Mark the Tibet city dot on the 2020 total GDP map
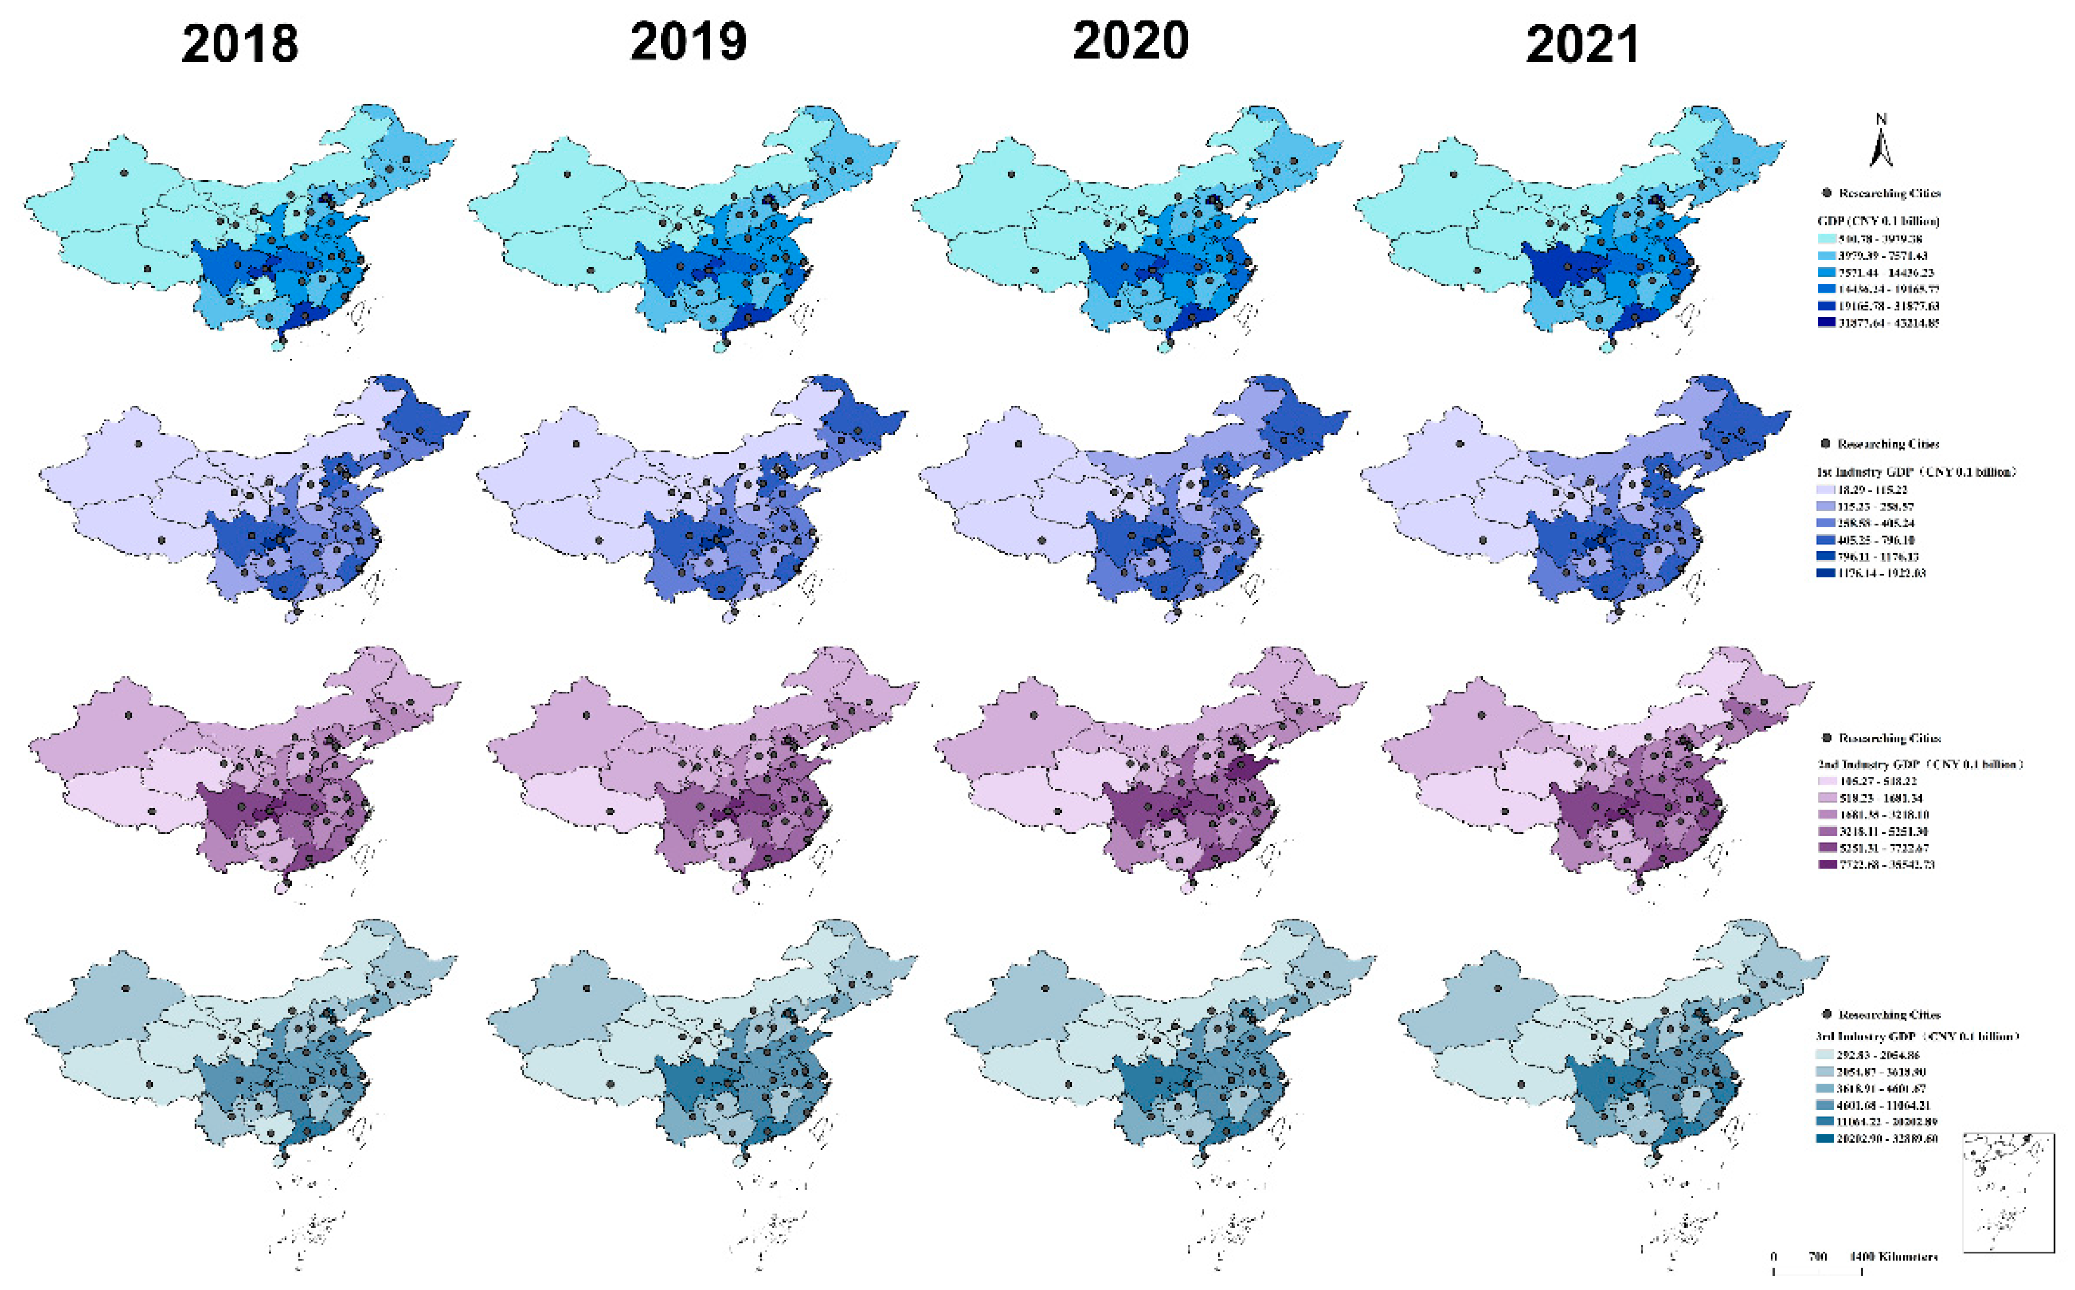(1035, 270)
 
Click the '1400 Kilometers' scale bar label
(1893, 1257)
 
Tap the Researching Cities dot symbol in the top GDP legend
(1827, 193)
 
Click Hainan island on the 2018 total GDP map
(277, 345)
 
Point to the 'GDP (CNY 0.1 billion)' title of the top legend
(1878, 221)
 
